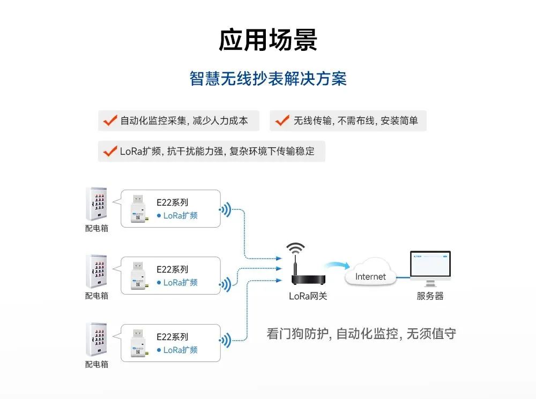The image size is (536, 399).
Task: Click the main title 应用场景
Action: (268, 40)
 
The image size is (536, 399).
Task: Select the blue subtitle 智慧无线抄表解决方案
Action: (268, 79)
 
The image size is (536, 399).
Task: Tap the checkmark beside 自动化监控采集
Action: (110, 121)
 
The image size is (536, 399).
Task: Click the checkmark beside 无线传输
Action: (282, 121)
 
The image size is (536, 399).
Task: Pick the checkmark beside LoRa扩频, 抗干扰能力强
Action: (110, 151)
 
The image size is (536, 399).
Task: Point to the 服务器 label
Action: (430, 296)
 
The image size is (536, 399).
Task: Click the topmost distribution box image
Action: (96, 204)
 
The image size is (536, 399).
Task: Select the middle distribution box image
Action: (96, 271)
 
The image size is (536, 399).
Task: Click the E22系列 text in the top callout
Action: (172, 202)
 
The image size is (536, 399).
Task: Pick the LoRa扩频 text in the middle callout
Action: (180, 282)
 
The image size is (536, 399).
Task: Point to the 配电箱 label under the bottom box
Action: (96, 364)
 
